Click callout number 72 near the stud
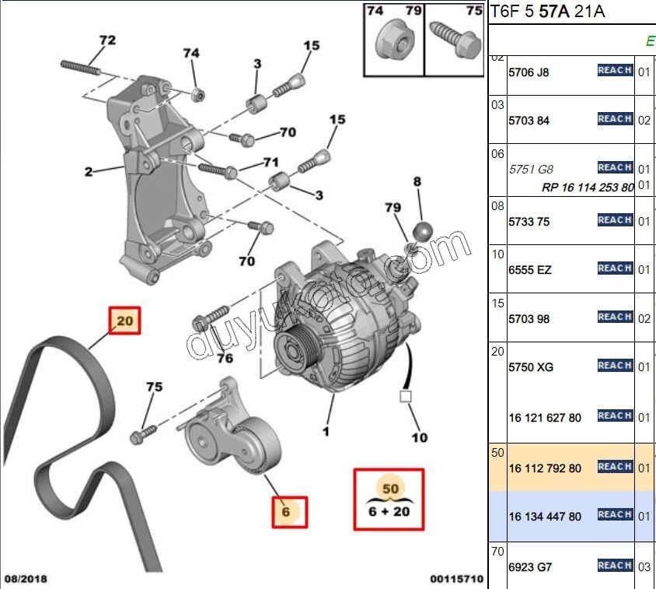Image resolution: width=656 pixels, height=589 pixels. tap(106, 40)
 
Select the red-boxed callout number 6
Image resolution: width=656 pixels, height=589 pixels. tap(286, 512)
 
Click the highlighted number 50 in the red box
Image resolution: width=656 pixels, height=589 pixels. tap(389, 488)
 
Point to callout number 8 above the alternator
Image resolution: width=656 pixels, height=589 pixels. tap(417, 182)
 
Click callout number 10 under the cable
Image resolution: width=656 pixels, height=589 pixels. tap(419, 438)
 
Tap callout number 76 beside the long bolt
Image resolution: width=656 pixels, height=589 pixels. tap(224, 358)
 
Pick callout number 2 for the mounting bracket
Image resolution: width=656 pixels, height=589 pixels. tap(89, 171)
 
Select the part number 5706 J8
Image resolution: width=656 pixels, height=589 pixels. tap(529, 72)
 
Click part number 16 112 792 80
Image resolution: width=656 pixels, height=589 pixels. tap(545, 468)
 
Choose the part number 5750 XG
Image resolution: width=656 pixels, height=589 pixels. tap(531, 366)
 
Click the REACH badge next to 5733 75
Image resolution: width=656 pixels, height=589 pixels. tap(614, 220)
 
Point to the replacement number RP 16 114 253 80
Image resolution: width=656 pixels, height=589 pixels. tap(588, 188)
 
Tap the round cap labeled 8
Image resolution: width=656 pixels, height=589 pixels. tap(422, 231)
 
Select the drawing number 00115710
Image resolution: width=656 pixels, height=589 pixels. tap(456, 579)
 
